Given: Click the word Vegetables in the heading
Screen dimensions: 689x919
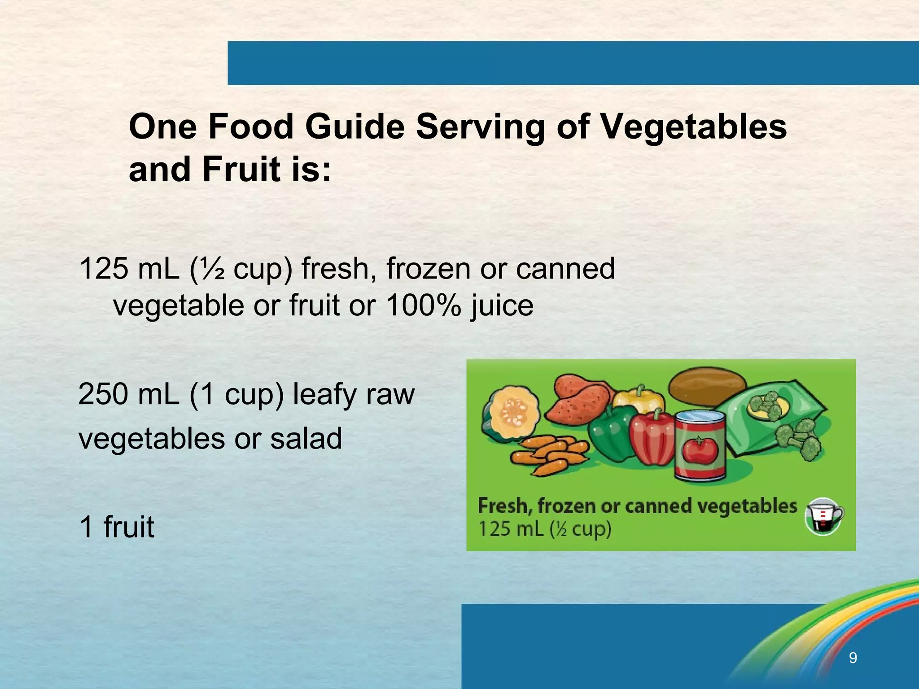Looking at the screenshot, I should click(693, 127).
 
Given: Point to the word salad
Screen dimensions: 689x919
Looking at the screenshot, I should click(306, 438).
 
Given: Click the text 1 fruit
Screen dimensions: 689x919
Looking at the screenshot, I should click(117, 527).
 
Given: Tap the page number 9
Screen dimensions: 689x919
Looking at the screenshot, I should click(853, 658).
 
